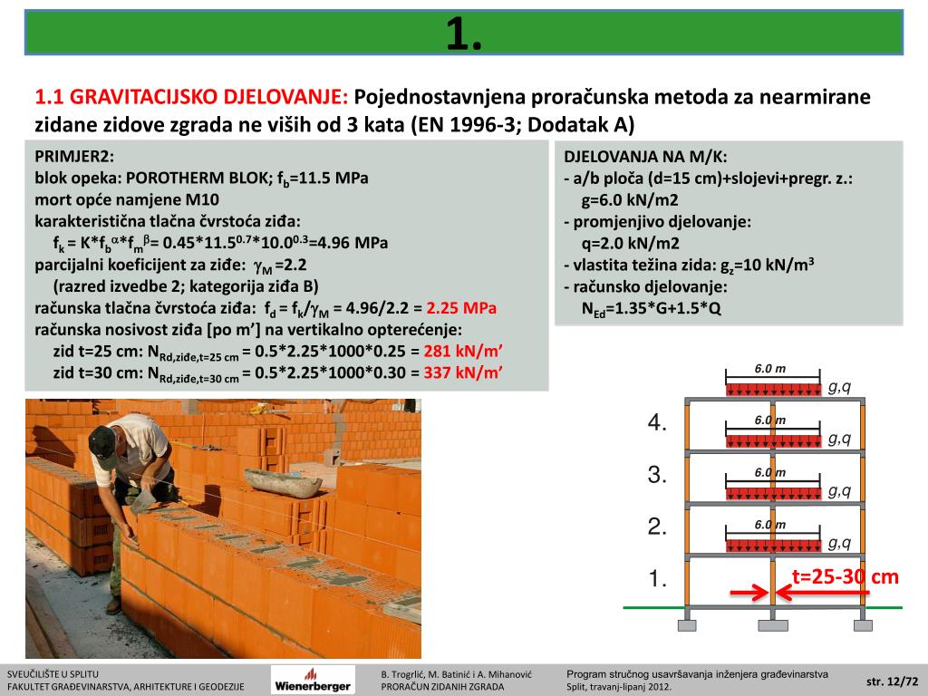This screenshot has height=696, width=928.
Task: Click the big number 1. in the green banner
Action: point(464,34)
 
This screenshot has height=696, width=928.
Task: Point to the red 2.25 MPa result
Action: point(461,308)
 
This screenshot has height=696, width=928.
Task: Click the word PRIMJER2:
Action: point(75,156)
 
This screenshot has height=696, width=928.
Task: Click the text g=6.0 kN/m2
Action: point(631,199)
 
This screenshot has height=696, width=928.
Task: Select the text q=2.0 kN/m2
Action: point(631,243)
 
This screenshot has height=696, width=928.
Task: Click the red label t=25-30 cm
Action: point(846,576)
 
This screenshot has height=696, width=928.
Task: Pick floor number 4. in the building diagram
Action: point(658,422)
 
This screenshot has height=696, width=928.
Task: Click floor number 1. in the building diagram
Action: point(658,578)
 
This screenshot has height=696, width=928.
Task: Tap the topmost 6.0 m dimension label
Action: point(769,369)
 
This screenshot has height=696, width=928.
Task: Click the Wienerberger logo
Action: point(314,681)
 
